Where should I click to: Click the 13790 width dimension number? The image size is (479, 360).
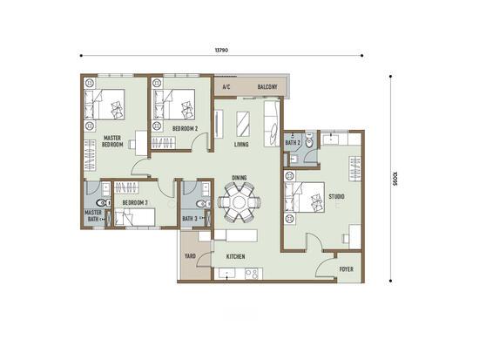(x=221, y=51)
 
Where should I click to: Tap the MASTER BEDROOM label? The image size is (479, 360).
(x=112, y=141)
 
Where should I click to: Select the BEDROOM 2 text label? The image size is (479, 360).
(x=186, y=129)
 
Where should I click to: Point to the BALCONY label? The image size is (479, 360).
(x=267, y=87)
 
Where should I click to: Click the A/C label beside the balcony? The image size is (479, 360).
(x=226, y=87)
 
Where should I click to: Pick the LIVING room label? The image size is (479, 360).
(x=241, y=145)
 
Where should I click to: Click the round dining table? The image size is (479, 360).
(x=239, y=202)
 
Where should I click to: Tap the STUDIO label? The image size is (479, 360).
(x=337, y=196)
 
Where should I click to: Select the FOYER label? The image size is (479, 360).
(x=347, y=269)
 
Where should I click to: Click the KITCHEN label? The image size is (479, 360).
(x=235, y=256)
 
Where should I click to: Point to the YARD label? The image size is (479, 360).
(x=190, y=256)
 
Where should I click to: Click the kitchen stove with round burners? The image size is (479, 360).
(x=253, y=274)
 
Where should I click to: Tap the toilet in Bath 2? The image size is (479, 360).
(x=309, y=141)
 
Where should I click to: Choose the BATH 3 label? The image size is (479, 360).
(x=189, y=219)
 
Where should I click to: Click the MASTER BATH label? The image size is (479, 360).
(x=93, y=215)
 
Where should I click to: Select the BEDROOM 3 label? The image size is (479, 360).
(x=135, y=202)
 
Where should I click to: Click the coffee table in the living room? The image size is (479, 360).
(x=243, y=124)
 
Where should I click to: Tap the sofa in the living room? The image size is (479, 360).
(x=272, y=124)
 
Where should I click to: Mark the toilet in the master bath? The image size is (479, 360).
(x=104, y=202)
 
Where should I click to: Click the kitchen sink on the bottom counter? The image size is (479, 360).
(x=226, y=273)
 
